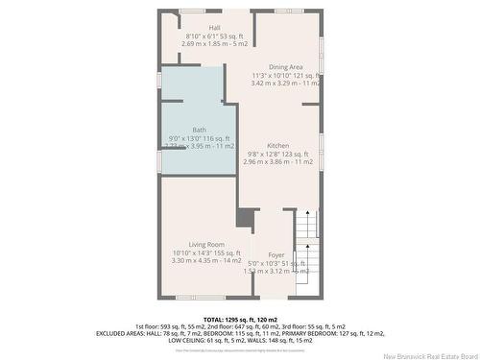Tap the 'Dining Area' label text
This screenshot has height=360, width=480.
[x=286, y=66]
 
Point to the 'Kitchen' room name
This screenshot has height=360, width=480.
[x=278, y=145]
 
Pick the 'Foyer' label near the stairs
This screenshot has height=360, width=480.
[x=276, y=254]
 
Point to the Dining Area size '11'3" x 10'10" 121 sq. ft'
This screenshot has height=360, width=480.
[x=285, y=75]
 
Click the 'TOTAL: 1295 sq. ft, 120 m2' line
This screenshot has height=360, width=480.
[x=240, y=318]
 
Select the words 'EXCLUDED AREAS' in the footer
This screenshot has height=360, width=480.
[x=122, y=333]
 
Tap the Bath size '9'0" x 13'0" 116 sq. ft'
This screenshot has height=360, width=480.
[x=199, y=138]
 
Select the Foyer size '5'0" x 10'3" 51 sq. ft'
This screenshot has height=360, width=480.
[x=276, y=263]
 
